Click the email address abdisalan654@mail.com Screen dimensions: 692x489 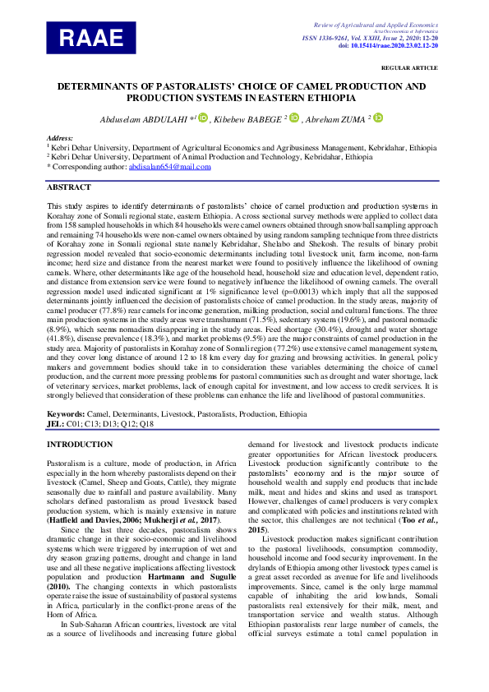pyautogui.click(x=169, y=166)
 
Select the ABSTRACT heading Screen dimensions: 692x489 pyautogui.click(x=68, y=187)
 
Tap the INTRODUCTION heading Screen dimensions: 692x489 pyautogui.click(x=80, y=445)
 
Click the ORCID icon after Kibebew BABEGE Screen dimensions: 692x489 pyautogui.click(x=295, y=119)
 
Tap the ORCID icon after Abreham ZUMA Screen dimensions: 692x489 pyautogui.click(x=379, y=119)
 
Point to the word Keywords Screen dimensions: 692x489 pyautogui.click(x=66, y=414)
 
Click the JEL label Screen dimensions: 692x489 pyautogui.click(x=54, y=423)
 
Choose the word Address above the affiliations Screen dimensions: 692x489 pyautogui.click(x=60, y=138)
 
